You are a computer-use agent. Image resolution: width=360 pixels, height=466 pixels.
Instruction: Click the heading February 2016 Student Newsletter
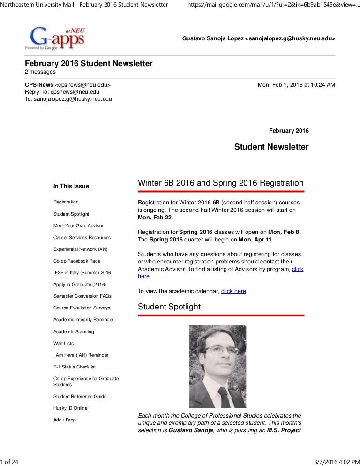coord(88,64)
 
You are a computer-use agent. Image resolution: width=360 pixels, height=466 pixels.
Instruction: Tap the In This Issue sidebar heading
coord(71,186)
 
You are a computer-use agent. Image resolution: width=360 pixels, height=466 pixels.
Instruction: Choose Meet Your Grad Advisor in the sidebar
coord(78,225)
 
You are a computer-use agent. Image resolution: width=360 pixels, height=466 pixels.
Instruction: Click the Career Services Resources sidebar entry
coord(82,238)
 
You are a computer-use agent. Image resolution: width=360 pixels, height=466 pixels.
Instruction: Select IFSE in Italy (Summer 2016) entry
coord(83,272)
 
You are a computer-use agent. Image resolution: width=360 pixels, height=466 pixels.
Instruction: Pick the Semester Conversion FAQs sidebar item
coord(82,296)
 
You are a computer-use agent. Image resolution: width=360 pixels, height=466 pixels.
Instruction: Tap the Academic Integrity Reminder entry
coord(83,320)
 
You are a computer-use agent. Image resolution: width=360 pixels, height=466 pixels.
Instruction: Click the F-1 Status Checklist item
coord(75,367)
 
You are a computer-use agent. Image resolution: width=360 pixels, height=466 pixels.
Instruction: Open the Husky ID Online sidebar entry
coord(70,408)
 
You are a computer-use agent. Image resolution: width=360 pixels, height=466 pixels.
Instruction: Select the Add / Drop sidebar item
coord(65,420)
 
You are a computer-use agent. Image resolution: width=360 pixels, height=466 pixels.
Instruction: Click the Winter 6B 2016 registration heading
coord(220,183)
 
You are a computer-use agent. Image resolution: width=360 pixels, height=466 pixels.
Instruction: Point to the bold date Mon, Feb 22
coord(155,218)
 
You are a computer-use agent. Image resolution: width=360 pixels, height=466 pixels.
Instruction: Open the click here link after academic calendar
coord(233,291)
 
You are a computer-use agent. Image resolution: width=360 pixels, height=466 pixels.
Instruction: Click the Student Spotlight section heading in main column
coord(169,307)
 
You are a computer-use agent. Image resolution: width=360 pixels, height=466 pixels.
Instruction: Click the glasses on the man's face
coord(219,351)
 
